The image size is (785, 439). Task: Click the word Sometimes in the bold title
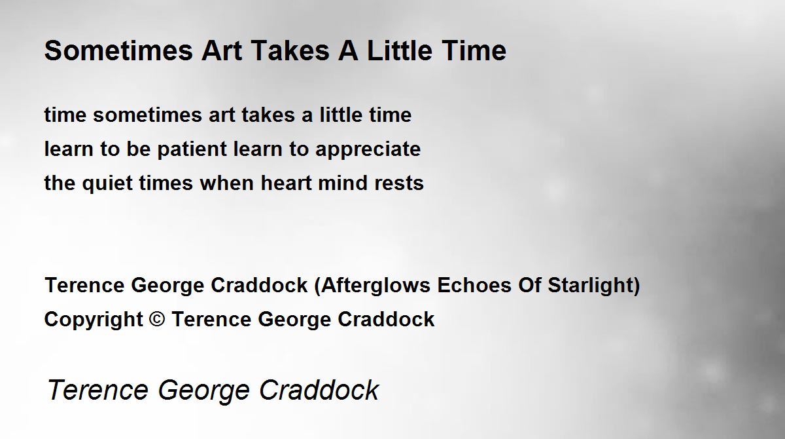pyautogui.click(x=118, y=50)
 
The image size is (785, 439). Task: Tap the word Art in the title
pyautogui.click(x=222, y=50)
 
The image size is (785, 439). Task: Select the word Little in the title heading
pyautogui.click(x=400, y=50)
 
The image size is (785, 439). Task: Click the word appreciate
pyautogui.click(x=368, y=150)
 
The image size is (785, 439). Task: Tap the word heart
pyautogui.click(x=286, y=183)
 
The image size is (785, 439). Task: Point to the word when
pyautogui.click(x=227, y=183)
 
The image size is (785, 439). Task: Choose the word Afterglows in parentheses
pyautogui.click(x=375, y=286)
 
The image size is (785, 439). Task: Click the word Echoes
pyautogui.click(x=474, y=285)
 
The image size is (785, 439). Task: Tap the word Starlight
pyautogui.click(x=591, y=286)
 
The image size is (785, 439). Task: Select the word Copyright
pyautogui.click(x=94, y=320)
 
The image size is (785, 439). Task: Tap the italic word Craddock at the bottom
pyautogui.click(x=319, y=389)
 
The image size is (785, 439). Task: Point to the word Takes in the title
pyautogui.click(x=290, y=50)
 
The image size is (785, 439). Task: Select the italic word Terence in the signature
pyautogui.click(x=97, y=389)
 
